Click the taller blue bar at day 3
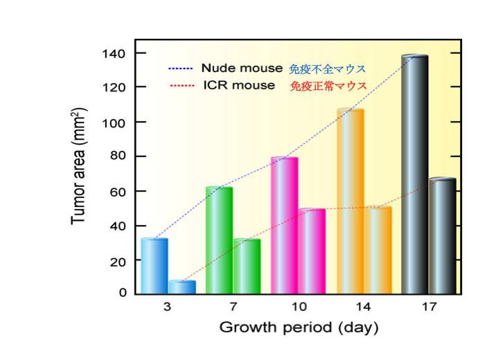(154, 267)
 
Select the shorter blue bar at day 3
(182, 287)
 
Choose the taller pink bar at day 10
(284, 226)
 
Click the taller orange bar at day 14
(350, 201)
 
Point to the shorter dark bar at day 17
(442, 236)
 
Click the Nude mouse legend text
(242, 69)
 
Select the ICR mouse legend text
(239, 86)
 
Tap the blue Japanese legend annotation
(327, 69)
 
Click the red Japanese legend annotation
(328, 87)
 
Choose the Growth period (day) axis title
(299, 327)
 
